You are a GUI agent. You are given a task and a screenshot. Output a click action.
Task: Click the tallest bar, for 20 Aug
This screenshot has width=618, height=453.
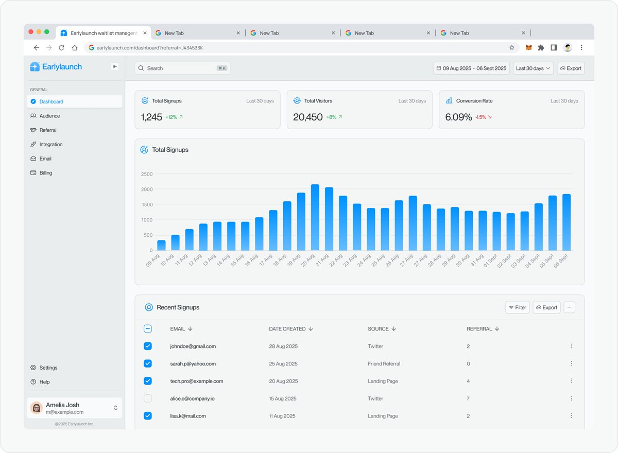coord(315,217)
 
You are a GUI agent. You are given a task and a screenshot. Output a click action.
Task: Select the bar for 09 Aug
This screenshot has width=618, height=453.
coord(161,245)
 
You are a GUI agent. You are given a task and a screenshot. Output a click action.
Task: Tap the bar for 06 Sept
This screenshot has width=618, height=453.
coord(566,222)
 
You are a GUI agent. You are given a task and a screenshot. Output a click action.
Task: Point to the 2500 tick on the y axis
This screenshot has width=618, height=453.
coord(147,174)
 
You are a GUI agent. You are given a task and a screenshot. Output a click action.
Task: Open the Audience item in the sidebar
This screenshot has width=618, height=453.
coord(49,116)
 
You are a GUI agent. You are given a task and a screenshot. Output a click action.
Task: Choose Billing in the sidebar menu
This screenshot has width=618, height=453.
coord(46,173)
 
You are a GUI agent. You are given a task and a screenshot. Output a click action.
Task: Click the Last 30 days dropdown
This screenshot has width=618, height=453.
coord(533,68)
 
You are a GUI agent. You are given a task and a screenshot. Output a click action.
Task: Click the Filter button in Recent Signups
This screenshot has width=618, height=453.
coord(518,307)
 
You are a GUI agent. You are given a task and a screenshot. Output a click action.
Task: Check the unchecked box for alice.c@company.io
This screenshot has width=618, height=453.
coord(148,398)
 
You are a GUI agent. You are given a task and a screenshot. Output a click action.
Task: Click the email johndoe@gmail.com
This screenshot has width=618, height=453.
coord(193,346)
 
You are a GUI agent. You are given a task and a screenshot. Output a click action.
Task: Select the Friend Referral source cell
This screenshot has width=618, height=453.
coord(384,364)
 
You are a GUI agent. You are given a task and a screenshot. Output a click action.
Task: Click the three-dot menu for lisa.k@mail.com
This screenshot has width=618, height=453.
coord(571,416)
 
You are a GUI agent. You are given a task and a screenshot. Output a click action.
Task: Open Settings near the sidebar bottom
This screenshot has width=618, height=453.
coord(48,368)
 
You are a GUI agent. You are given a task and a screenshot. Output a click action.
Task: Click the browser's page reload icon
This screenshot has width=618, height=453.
coord(62,47)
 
